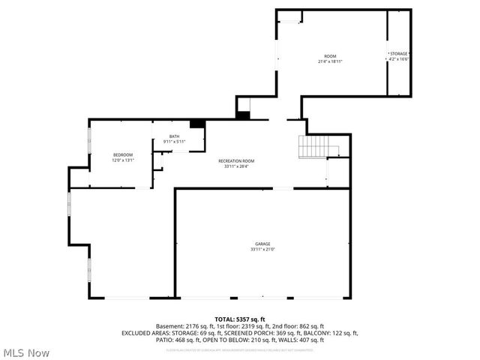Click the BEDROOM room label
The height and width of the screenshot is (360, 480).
122,154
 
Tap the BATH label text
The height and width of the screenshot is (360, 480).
174,136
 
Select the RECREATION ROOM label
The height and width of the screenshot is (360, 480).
236,161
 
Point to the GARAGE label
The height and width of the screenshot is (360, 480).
262,244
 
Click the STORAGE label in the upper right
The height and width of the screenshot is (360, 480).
399,54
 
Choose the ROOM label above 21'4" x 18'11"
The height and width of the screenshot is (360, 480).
330,57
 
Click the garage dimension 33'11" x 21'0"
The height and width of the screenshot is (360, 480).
262,250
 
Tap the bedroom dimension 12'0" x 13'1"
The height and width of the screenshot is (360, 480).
122,160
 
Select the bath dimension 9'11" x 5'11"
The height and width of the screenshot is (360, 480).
174,142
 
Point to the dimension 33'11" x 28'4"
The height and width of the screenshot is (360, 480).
236,166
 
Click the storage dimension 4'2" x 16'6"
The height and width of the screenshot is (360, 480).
399,59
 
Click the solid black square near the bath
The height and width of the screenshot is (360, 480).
197,124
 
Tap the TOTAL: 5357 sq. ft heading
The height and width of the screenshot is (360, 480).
240,319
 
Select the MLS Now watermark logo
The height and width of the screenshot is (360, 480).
25,352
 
